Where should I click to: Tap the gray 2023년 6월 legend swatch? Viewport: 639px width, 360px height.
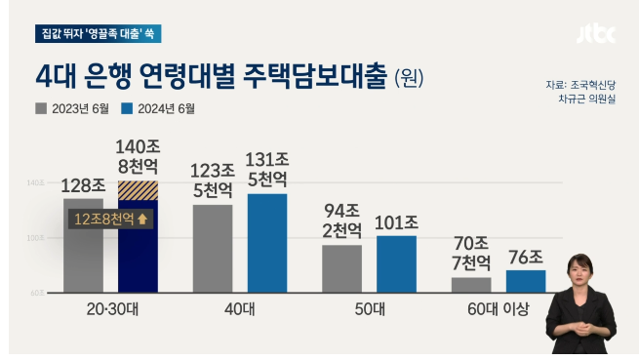click(41, 109)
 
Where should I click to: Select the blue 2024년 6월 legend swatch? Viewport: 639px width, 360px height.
click(126, 109)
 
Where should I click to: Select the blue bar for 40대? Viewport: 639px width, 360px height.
click(266, 243)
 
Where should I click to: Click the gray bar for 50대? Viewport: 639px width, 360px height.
click(341, 268)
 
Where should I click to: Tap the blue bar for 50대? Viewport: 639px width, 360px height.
click(396, 263)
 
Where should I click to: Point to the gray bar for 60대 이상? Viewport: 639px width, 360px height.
click(471, 284)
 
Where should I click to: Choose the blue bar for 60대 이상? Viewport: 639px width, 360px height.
click(526, 281)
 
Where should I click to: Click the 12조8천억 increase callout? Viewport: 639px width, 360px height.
click(109, 219)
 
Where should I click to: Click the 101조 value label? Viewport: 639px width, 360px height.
click(397, 222)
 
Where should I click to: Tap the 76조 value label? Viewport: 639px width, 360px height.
click(526, 257)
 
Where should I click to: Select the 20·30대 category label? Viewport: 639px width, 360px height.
click(110, 310)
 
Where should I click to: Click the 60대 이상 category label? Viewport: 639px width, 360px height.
click(499, 310)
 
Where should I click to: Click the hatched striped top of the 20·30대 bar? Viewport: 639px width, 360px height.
click(138, 190)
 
